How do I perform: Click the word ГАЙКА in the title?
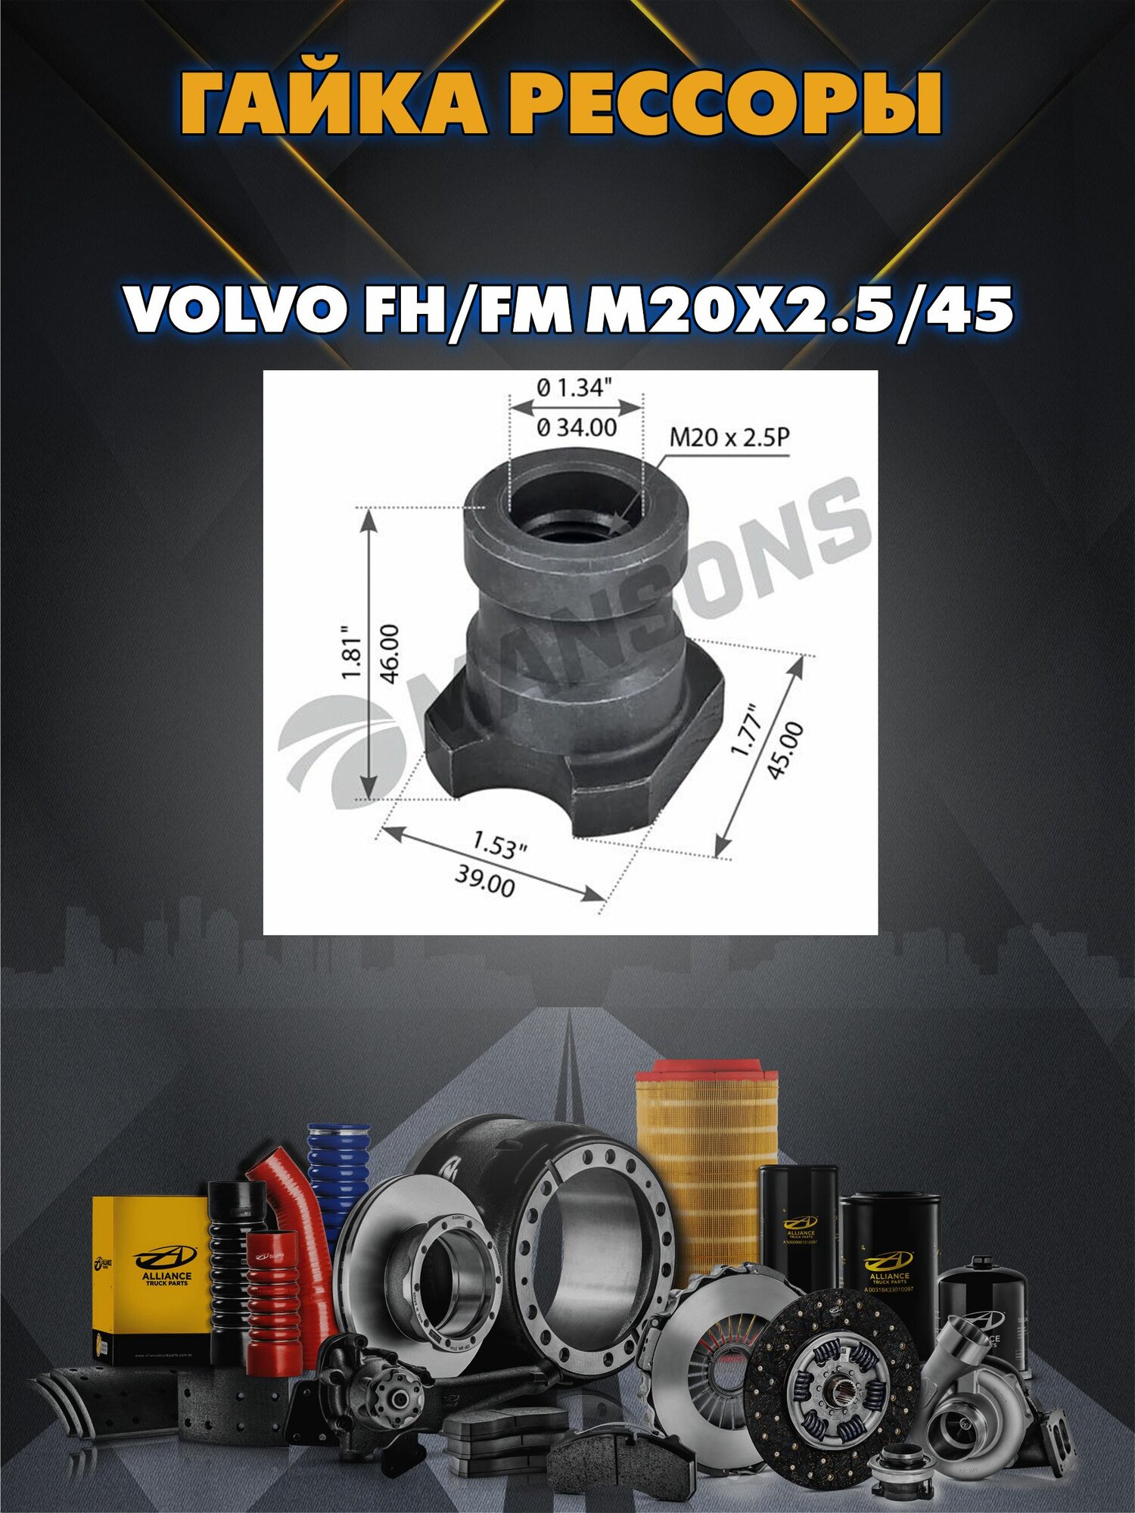(333, 104)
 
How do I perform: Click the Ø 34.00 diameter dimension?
(577, 428)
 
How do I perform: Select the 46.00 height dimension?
(390, 653)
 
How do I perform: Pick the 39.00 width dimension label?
(485, 881)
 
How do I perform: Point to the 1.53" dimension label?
(499, 845)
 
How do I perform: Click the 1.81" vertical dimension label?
(352, 653)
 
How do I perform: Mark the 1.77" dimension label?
(745, 730)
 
